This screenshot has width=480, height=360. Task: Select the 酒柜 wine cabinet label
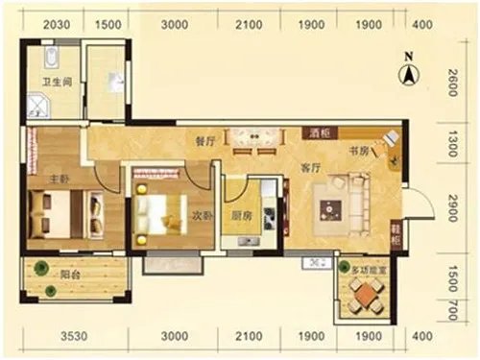(x=318, y=133)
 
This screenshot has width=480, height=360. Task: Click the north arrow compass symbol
(x=408, y=68)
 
